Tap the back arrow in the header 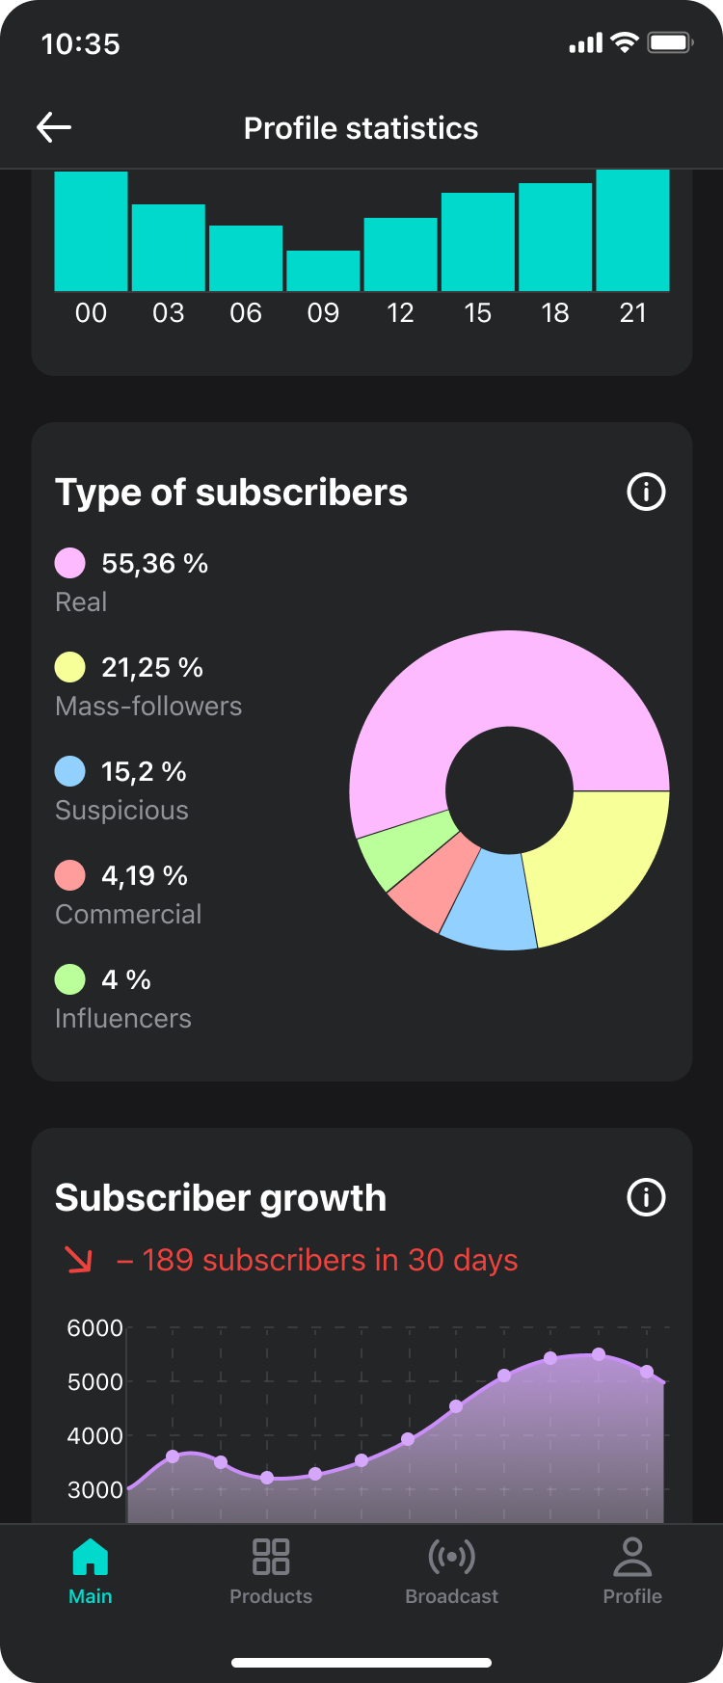(54, 127)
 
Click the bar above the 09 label (323, 271)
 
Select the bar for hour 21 (632, 230)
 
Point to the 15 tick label (477, 313)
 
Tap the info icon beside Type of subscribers (646, 492)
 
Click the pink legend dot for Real (70, 563)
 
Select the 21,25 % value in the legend (152, 667)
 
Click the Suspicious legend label (121, 810)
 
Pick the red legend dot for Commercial (70, 875)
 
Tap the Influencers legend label (123, 1018)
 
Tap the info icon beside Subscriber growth (646, 1197)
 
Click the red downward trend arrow (78, 1260)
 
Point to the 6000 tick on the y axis (94, 1328)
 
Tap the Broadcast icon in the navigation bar (451, 1557)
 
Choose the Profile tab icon (632, 1557)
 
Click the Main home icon (91, 1557)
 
